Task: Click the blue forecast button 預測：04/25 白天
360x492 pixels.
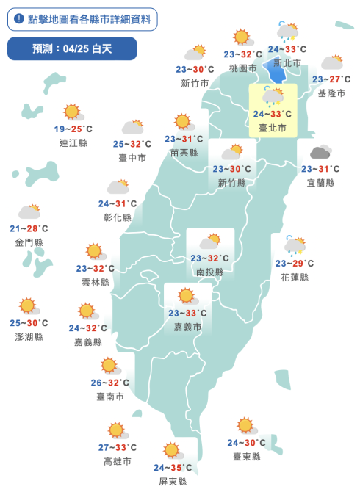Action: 72,49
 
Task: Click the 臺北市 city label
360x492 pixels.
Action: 273,128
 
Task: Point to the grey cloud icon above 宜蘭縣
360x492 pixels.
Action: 320,153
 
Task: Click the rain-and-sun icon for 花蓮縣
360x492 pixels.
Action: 295,245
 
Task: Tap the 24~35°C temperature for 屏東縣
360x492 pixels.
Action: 173,468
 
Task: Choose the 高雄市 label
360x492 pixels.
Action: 118,461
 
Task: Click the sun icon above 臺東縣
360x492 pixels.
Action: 245,425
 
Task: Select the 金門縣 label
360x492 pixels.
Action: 29,242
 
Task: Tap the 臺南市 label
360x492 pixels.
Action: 109,397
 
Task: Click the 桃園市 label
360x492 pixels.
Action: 242,68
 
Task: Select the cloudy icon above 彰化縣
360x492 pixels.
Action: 118,187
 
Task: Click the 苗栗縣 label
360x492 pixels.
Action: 184,153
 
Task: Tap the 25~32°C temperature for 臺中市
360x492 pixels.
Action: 132,144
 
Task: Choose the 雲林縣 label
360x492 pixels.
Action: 96,282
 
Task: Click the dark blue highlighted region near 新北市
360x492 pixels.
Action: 277,72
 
